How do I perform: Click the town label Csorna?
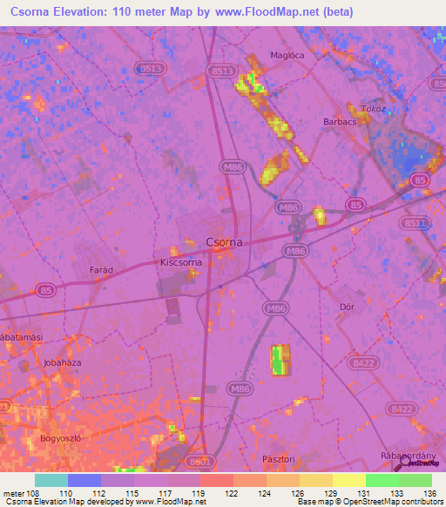pyautogui.click(x=223, y=242)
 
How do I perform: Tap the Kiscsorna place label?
pyautogui.click(x=182, y=261)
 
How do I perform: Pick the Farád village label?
pyautogui.click(x=102, y=270)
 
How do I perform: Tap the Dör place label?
pyautogui.click(x=347, y=307)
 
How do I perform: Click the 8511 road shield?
pyautogui.click(x=417, y=223)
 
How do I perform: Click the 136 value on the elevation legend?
pyautogui.click(x=429, y=493)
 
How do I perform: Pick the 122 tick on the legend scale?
pyautogui.click(x=233, y=493)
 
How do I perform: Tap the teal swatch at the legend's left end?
pyautogui.click(x=51, y=480)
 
